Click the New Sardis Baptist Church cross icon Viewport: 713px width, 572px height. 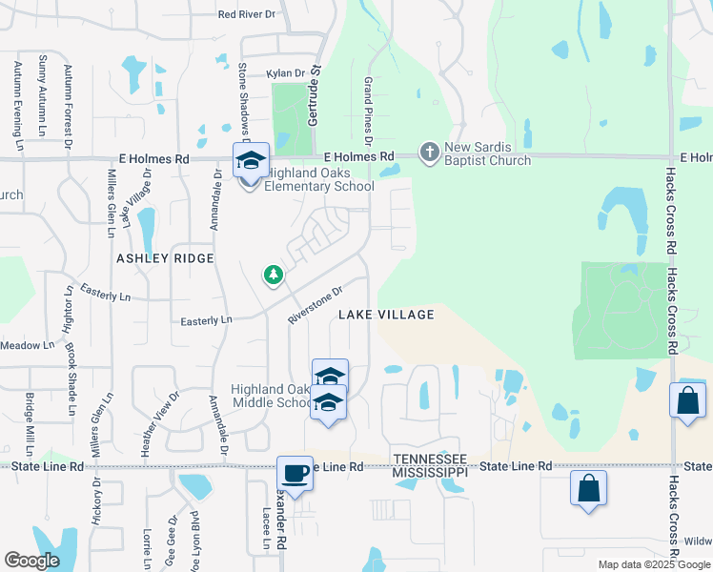[x=430, y=153]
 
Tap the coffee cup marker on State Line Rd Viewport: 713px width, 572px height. [x=295, y=472]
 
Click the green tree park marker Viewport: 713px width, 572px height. [x=274, y=276]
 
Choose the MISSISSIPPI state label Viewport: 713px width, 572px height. [x=431, y=472]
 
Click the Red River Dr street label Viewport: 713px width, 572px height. [x=246, y=14]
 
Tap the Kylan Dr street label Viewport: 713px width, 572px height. [x=285, y=72]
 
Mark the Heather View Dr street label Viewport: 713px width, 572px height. [x=147, y=423]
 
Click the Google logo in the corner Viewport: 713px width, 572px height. [x=31, y=561]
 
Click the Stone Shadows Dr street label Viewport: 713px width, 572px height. [x=243, y=101]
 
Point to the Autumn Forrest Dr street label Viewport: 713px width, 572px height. [x=68, y=118]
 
